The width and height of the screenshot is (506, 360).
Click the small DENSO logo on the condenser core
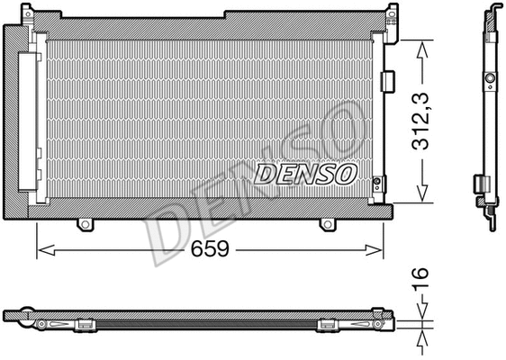pyautogui.click(x=305, y=172)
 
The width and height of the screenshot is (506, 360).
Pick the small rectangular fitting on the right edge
pyautogui.click(x=387, y=81)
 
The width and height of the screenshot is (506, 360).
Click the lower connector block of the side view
pyautogui.click(x=483, y=187)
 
